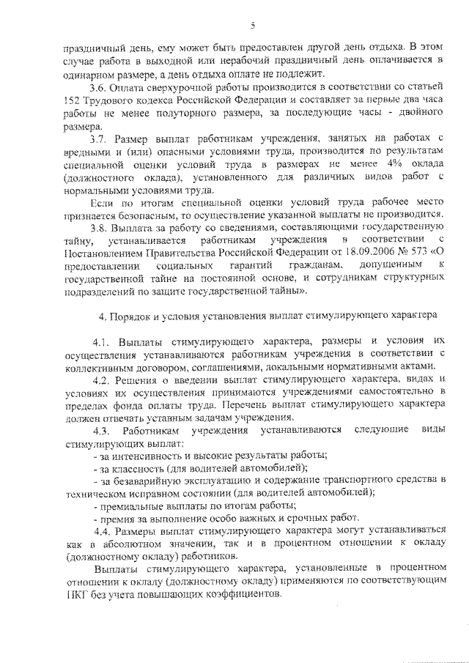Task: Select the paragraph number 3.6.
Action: pyautogui.click(x=99, y=87)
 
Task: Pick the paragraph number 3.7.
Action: pyautogui.click(x=99, y=139)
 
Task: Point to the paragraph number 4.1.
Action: pyautogui.click(x=101, y=342)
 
